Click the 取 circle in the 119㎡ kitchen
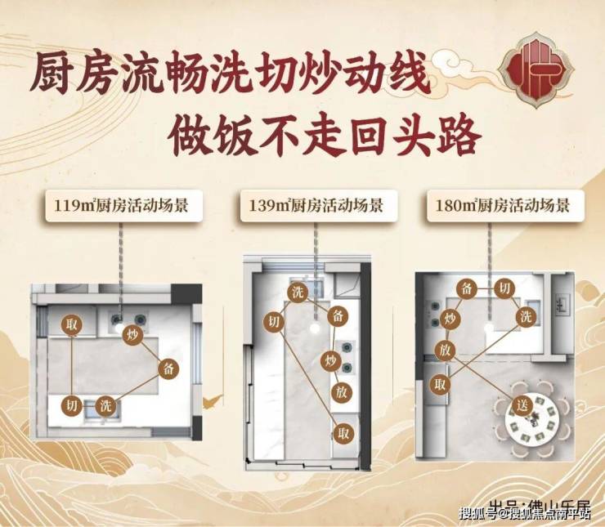[x=73, y=324]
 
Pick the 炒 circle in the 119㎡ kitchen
[x=132, y=334]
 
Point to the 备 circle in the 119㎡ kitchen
[x=168, y=367]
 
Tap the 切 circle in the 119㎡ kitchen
[x=72, y=404]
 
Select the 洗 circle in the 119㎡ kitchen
[x=105, y=404]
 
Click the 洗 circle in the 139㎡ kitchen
[x=298, y=293]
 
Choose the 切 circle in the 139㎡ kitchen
[x=273, y=322]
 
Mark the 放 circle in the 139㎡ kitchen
[x=342, y=393]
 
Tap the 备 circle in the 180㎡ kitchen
[x=467, y=288]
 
